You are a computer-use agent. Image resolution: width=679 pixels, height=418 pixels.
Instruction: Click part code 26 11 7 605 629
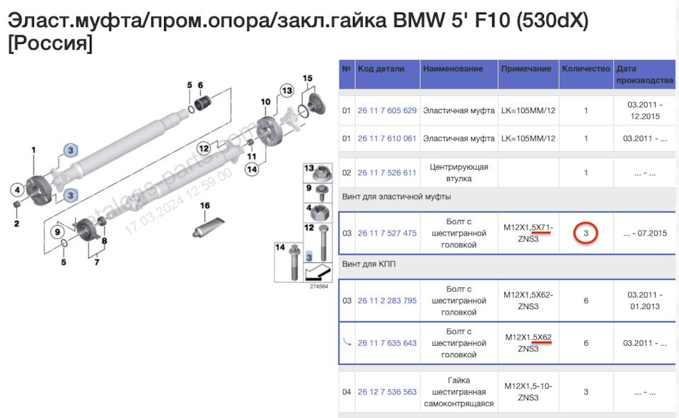tap(387, 111)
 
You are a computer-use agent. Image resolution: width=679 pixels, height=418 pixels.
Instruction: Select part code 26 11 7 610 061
tap(387, 139)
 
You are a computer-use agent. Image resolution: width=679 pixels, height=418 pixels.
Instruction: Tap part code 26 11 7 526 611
tap(387, 173)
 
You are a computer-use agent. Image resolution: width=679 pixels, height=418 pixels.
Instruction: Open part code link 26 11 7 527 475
tap(387, 233)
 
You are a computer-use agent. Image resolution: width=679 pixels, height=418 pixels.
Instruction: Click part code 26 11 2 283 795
tap(387, 301)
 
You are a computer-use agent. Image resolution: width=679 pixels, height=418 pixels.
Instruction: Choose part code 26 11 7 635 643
tap(387, 343)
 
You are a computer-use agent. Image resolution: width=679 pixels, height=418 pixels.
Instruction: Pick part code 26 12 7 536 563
tap(387, 392)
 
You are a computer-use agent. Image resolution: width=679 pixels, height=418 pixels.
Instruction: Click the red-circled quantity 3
tap(586, 233)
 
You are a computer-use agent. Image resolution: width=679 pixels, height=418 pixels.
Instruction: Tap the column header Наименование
tap(453, 69)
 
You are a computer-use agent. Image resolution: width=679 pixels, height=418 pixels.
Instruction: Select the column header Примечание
tap(526, 69)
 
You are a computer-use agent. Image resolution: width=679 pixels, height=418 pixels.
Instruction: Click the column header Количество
tap(586, 69)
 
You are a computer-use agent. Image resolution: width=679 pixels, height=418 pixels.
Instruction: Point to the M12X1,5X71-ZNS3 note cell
tap(528, 233)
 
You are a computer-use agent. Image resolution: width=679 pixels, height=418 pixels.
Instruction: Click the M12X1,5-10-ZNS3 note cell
tap(528, 392)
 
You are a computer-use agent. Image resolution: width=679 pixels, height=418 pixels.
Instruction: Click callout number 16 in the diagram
tap(204, 206)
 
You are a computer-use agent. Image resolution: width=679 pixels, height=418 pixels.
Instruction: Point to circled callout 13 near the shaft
tap(286, 91)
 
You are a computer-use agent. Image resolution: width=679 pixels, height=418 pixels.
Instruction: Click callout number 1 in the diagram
tap(33, 150)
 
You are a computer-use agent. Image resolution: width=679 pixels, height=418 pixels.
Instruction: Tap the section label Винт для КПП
tap(366, 264)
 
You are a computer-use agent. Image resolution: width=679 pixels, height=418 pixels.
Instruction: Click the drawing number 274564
tap(318, 286)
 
